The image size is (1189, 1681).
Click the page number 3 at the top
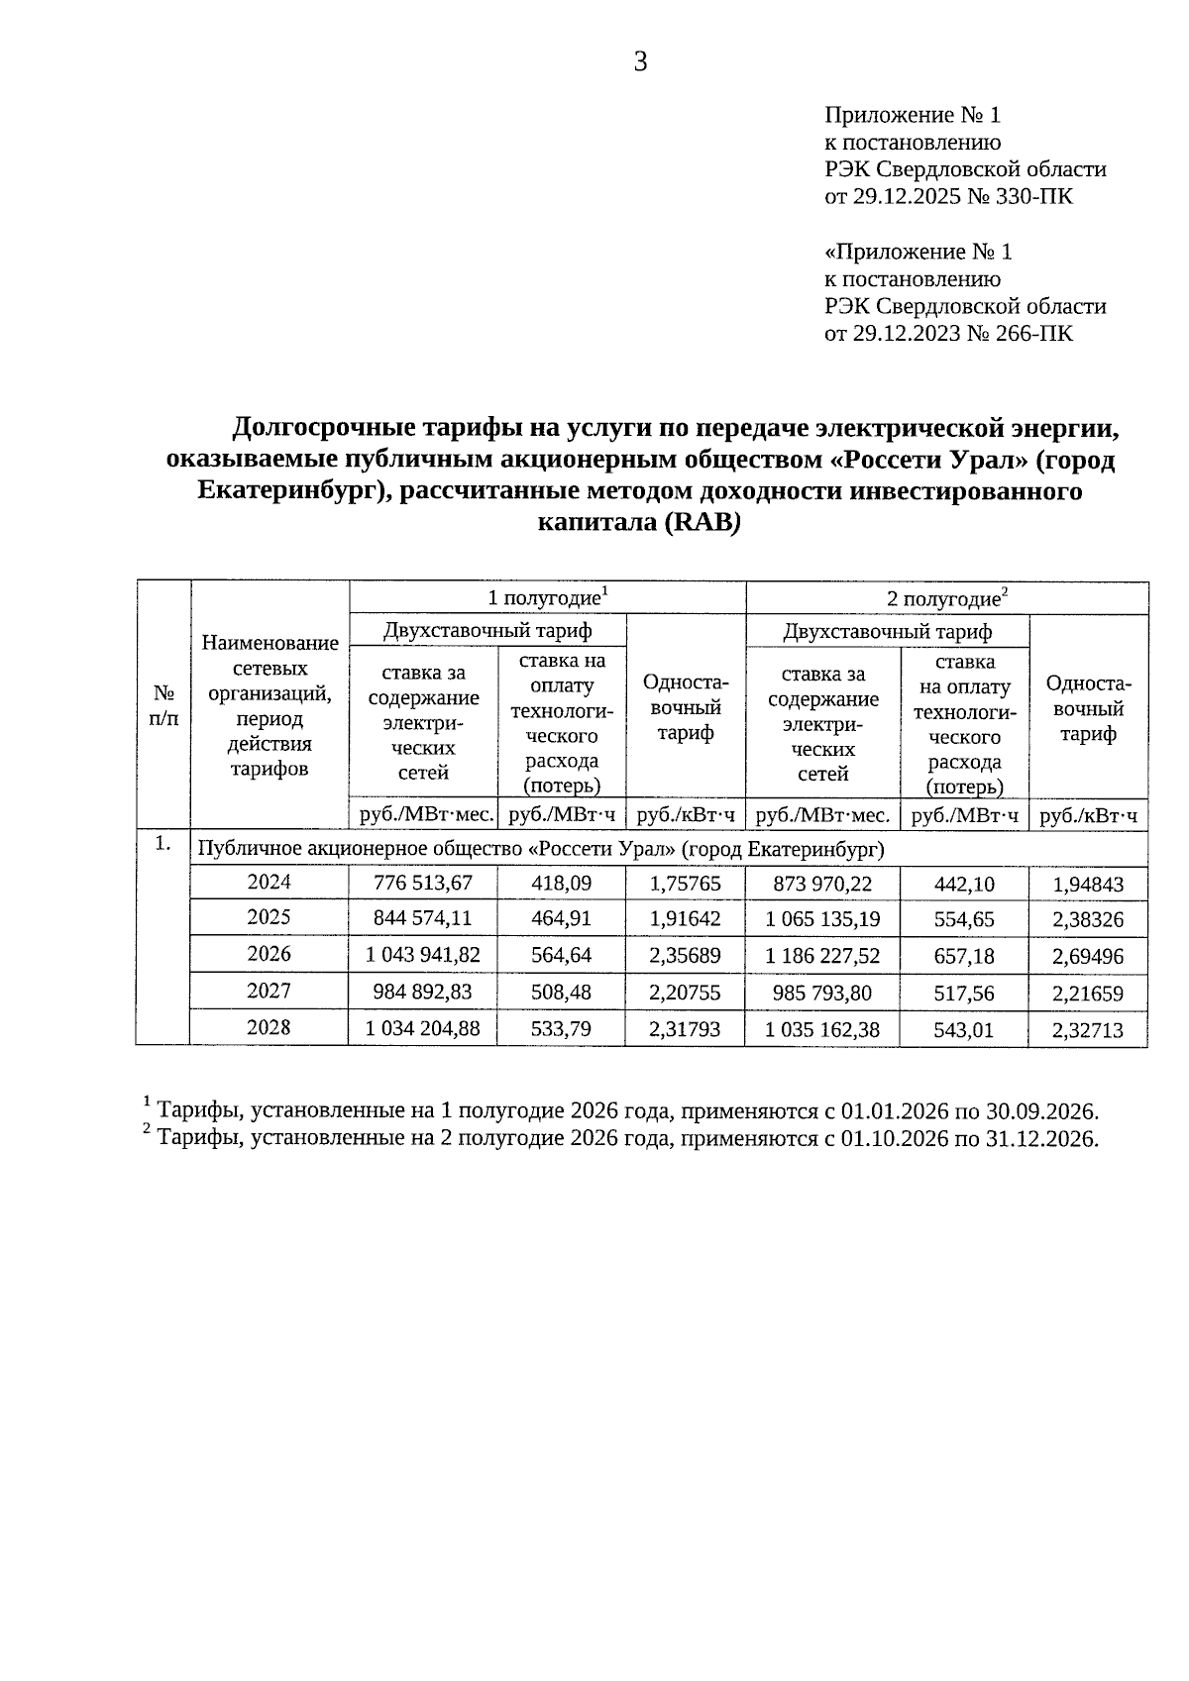coord(640,62)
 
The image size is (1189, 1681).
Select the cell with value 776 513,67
coord(422,883)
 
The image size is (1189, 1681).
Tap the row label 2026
coord(269,954)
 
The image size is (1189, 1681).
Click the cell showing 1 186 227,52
coord(822,956)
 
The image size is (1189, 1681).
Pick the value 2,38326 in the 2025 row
coord(1088,919)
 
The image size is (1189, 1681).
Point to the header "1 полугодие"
coord(547,598)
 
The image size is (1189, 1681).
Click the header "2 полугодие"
coord(946,598)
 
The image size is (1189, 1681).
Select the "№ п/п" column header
coord(163,705)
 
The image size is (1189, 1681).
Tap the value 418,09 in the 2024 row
coord(561,883)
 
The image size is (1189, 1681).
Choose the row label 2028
coord(269,1027)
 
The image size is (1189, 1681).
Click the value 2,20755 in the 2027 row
coord(685,993)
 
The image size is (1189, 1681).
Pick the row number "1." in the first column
coord(163,844)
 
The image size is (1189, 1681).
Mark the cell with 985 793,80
coord(822,993)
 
